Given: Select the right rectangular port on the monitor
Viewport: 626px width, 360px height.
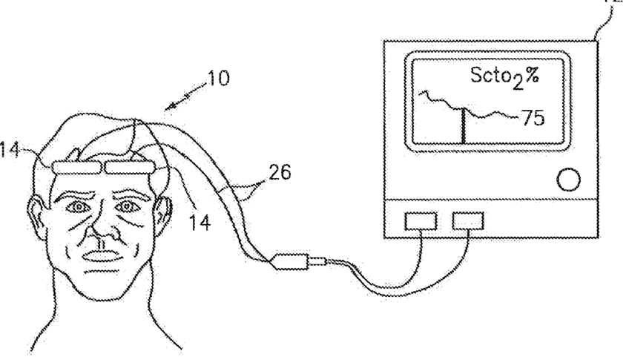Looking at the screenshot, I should pyautogui.click(x=469, y=220).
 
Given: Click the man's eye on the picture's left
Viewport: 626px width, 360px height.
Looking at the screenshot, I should pyautogui.click(x=76, y=206).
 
